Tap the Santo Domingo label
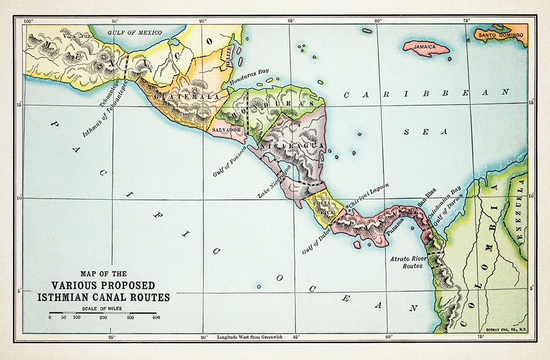pos(501,35)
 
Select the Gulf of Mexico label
pos(135,32)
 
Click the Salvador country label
pos(227,130)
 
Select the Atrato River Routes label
pos(406,262)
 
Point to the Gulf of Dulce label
pos(316,242)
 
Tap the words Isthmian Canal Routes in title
pos(103,297)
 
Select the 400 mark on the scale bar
pos(156,318)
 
